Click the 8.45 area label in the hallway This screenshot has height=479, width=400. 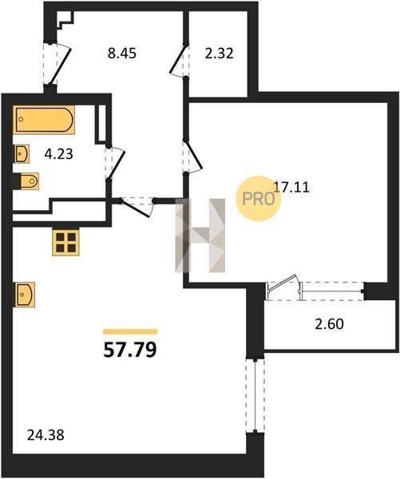122,53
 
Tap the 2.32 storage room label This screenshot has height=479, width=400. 219,53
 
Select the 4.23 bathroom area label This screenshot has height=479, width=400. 58,154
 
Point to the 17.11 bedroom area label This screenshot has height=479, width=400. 291,187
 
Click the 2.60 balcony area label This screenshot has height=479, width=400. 330,324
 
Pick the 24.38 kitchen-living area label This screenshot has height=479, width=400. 46,435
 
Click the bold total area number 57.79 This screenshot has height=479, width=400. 130,350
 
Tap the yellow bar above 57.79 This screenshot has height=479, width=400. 130,332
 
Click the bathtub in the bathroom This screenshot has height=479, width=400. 44,120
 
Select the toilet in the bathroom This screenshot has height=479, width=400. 27,181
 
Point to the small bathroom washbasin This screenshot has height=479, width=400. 22,153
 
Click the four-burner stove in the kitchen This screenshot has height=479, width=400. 65,242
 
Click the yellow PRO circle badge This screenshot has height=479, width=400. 258,199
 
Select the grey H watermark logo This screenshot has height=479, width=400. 200,236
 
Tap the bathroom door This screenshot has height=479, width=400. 116,163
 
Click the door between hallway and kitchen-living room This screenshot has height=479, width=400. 137,207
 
